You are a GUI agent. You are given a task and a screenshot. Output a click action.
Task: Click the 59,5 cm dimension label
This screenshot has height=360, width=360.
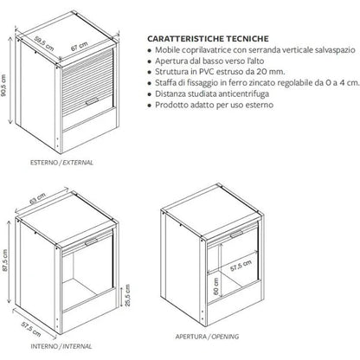[x=44, y=43]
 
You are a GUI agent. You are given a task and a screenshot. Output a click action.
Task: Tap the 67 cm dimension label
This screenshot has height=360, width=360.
[x=79, y=47]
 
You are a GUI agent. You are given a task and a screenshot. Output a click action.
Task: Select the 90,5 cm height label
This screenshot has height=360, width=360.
[x=3, y=86]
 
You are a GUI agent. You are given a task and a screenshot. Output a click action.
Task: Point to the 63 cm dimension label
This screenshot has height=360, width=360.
[x=37, y=198]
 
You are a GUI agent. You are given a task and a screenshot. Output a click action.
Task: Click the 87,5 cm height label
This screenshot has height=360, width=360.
[x=4, y=260]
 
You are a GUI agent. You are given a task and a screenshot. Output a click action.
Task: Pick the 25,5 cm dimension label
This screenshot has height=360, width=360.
[x=128, y=295]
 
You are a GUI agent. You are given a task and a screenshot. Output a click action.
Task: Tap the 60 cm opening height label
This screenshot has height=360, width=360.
[x=215, y=286]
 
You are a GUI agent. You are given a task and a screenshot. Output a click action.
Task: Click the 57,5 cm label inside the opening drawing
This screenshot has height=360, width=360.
[x=241, y=266]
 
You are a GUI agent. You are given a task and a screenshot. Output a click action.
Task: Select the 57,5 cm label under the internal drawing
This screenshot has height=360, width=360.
[x=31, y=329]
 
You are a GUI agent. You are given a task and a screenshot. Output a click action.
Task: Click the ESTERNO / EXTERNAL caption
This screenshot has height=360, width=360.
[x=61, y=163]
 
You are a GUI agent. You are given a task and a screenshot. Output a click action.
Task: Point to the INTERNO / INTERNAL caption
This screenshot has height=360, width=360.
[x=61, y=346]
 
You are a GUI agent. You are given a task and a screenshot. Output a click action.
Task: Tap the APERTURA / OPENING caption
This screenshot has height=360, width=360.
[x=207, y=337]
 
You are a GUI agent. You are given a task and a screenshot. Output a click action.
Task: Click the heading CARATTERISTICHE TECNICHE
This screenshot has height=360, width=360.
[x=208, y=39]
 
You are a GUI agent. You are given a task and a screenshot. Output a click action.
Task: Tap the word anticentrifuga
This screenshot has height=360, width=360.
[x=244, y=93]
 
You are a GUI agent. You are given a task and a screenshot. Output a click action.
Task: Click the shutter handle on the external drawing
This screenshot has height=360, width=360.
[x=92, y=101]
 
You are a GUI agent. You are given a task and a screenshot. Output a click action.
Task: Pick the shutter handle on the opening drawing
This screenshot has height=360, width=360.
[x=237, y=234]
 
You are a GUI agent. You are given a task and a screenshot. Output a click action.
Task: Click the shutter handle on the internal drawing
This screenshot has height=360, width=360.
[x=92, y=241]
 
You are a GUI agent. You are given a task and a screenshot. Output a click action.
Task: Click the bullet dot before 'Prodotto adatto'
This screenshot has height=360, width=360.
[x=149, y=106]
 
